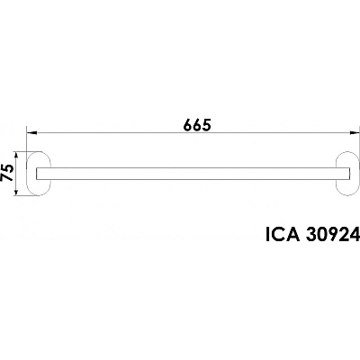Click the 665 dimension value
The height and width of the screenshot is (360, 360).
pyautogui.click(x=197, y=125)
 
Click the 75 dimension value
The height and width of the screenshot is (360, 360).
pyautogui.click(x=7, y=173)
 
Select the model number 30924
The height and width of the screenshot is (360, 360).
pyautogui.click(x=333, y=234)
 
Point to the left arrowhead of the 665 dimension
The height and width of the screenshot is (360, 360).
pyautogui.click(x=31, y=132)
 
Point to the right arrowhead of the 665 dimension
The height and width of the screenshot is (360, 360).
pyautogui.click(x=355, y=132)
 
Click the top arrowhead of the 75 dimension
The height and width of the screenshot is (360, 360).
pyautogui.click(x=17, y=156)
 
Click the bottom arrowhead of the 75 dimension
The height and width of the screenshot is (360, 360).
pyautogui.click(x=17, y=192)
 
